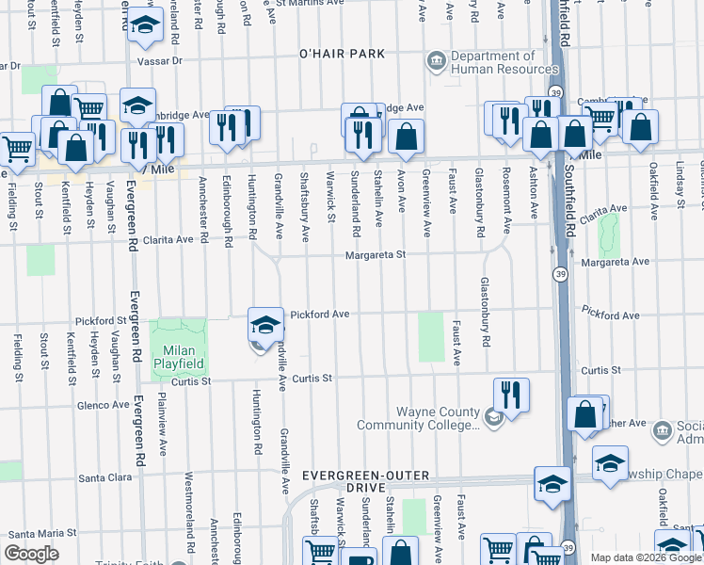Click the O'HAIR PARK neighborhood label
tap(342, 54)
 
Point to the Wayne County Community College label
tap(439, 419)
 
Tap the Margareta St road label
tap(374, 254)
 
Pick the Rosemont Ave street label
tap(507, 202)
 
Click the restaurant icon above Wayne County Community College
tap(511, 395)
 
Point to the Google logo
tap(31, 554)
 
